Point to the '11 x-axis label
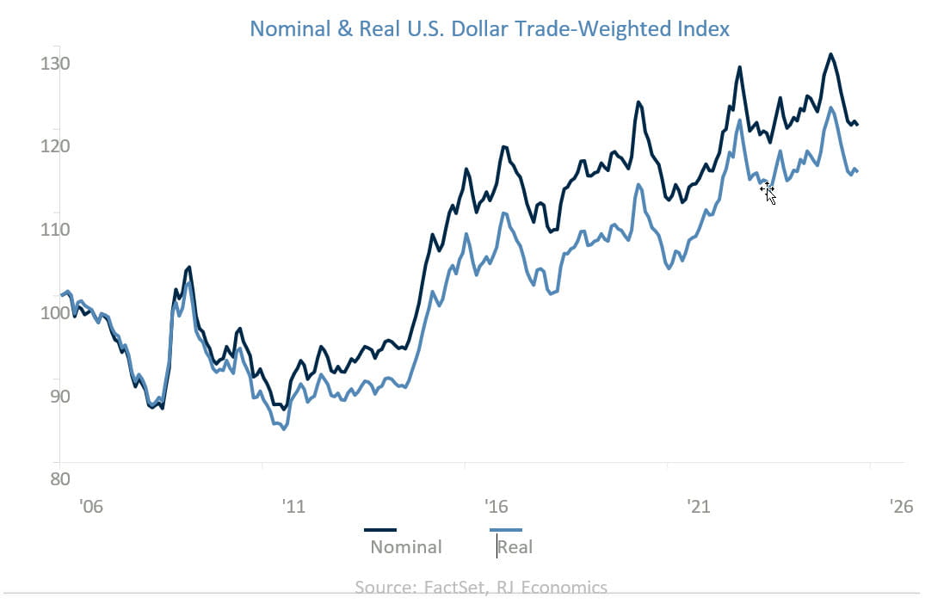[x=293, y=507]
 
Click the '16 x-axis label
[x=496, y=507]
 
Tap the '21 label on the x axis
[x=699, y=507]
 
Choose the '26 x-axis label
[x=900, y=507]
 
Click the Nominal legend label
[x=406, y=547]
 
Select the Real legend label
[x=515, y=547]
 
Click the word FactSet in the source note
[x=458, y=589]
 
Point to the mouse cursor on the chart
[x=768, y=192]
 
